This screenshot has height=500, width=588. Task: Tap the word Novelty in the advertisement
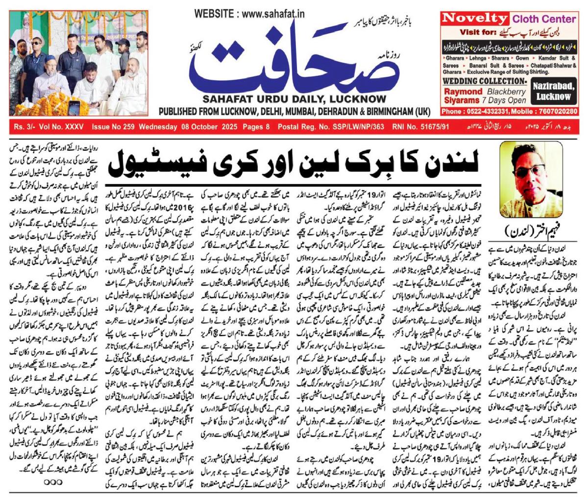[x=474, y=19]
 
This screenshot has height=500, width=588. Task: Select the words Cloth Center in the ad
[x=544, y=19]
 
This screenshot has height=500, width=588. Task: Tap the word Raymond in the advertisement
[x=463, y=91]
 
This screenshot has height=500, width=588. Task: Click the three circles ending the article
[x=53, y=481]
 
